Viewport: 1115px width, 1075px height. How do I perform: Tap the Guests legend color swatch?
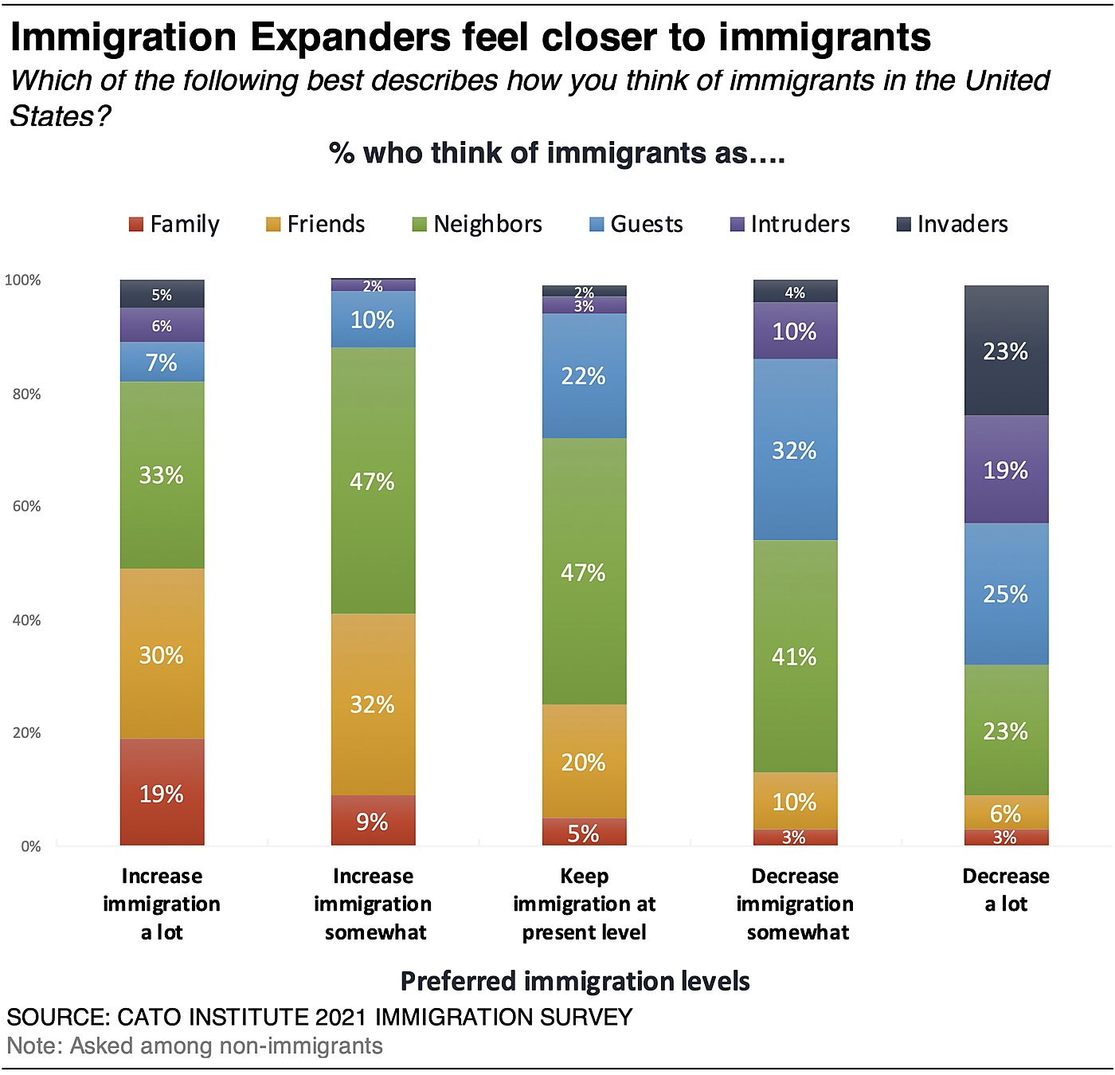[x=597, y=225]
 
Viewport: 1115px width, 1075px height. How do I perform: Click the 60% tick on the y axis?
[x=26, y=506]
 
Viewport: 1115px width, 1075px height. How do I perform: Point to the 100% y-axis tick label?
[x=23, y=280]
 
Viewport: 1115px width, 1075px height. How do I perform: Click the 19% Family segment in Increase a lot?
[x=162, y=793]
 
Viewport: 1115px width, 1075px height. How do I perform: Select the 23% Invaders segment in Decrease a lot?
[x=1006, y=351]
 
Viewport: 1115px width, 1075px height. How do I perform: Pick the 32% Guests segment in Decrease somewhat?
[x=795, y=450]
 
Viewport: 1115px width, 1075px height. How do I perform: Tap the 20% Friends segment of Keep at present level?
[x=584, y=762]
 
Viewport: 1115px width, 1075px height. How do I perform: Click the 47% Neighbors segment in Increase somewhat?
[x=373, y=481]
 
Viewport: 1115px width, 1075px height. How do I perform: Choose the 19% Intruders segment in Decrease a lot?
[x=1006, y=469]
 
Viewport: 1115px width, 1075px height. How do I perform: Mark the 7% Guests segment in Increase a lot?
[x=162, y=363]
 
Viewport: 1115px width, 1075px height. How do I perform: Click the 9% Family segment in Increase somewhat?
[x=373, y=821]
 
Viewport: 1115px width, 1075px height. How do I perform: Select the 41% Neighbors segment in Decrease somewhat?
[x=795, y=657]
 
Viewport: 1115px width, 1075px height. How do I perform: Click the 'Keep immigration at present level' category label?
[x=584, y=904]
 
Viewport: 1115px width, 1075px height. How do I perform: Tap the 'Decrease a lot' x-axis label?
[x=1006, y=889]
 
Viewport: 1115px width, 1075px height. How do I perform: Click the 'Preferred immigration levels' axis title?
[x=575, y=981]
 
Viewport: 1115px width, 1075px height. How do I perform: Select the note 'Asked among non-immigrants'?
[x=226, y=1046]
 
